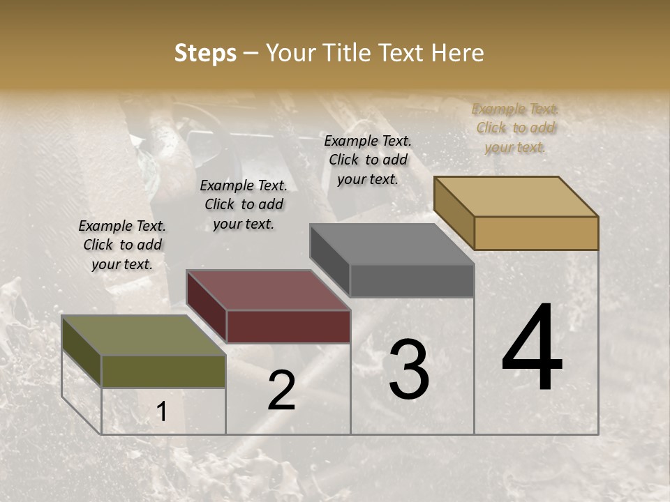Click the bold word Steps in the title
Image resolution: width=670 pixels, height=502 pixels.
click(205, 53)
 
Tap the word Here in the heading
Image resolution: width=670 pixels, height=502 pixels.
click(458, 53)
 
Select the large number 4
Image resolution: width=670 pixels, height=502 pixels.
click(532, 349)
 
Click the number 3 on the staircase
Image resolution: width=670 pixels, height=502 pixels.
click(408, 370)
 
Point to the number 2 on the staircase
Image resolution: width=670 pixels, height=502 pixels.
click(281, 390)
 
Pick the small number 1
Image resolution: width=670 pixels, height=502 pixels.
click(162, 412)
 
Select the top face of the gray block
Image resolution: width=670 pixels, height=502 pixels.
click(392, 244)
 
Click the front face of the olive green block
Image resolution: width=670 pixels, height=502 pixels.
click(163, 371)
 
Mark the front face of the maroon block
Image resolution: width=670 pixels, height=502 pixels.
click(288, 326)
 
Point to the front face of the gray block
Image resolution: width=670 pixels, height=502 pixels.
click(412, 280)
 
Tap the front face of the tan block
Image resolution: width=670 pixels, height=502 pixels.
click(536, 233)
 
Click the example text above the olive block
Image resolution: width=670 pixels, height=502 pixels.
click(122, 245)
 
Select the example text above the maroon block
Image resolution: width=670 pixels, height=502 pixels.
click(244, 204)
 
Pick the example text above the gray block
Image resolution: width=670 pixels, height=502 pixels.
click(368, 160)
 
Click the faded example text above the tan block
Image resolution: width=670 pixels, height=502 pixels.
click(515, 128)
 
